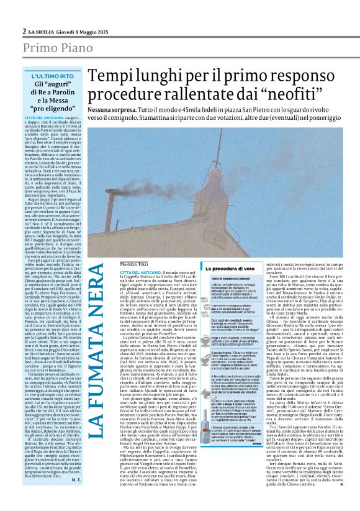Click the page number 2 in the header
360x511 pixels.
[x=24, y=31]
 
